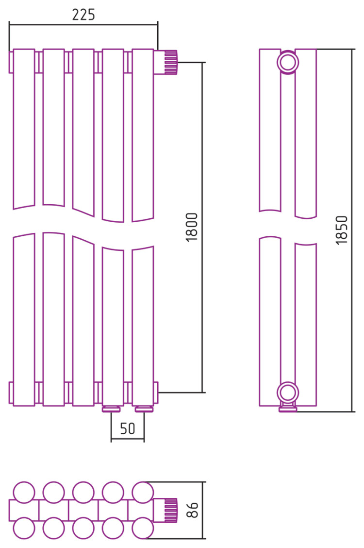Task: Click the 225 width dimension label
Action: (x=83, y=15)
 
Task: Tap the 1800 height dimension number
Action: (x=192, y=227)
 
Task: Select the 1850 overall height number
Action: (x=342, y=230)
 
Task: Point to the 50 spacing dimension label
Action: (x=127, y=428)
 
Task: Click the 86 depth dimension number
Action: (x=192, y=510)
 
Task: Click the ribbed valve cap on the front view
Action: (x=171, y=63)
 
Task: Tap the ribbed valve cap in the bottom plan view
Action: (x=171, y=510)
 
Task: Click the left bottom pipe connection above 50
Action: (x=112, y=409)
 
